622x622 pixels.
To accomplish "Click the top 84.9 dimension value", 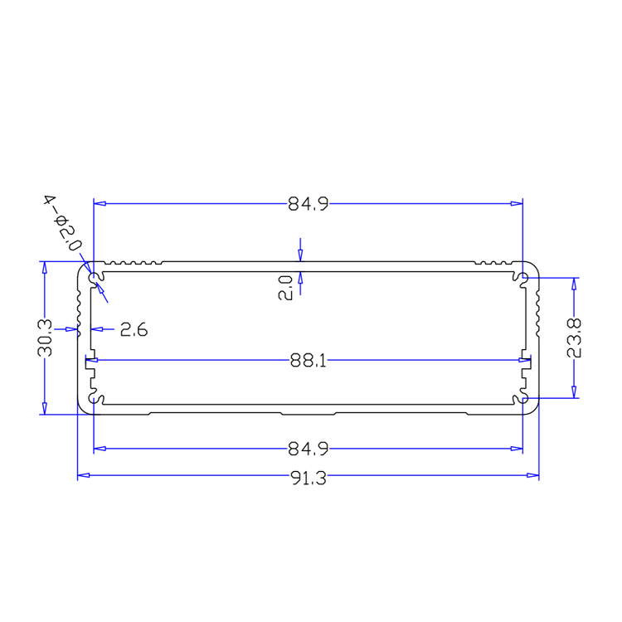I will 309,203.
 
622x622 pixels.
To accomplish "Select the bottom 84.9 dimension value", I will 309,449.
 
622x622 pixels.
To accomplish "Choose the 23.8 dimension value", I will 574,338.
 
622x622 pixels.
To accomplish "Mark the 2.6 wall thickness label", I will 133,330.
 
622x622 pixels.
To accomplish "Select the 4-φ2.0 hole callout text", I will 63,222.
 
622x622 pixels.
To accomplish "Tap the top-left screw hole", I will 95,275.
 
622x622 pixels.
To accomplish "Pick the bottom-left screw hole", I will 95,401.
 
